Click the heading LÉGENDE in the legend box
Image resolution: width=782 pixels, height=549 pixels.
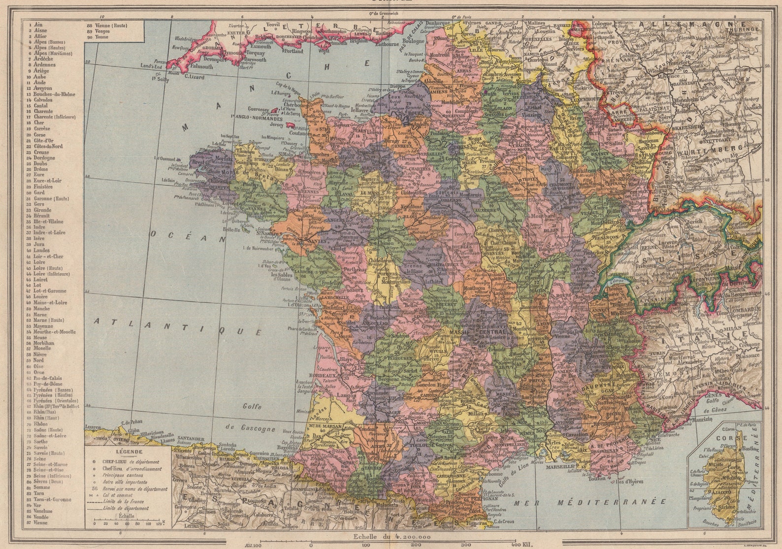[129, 451]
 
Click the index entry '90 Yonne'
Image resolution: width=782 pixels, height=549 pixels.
[98, 37]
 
